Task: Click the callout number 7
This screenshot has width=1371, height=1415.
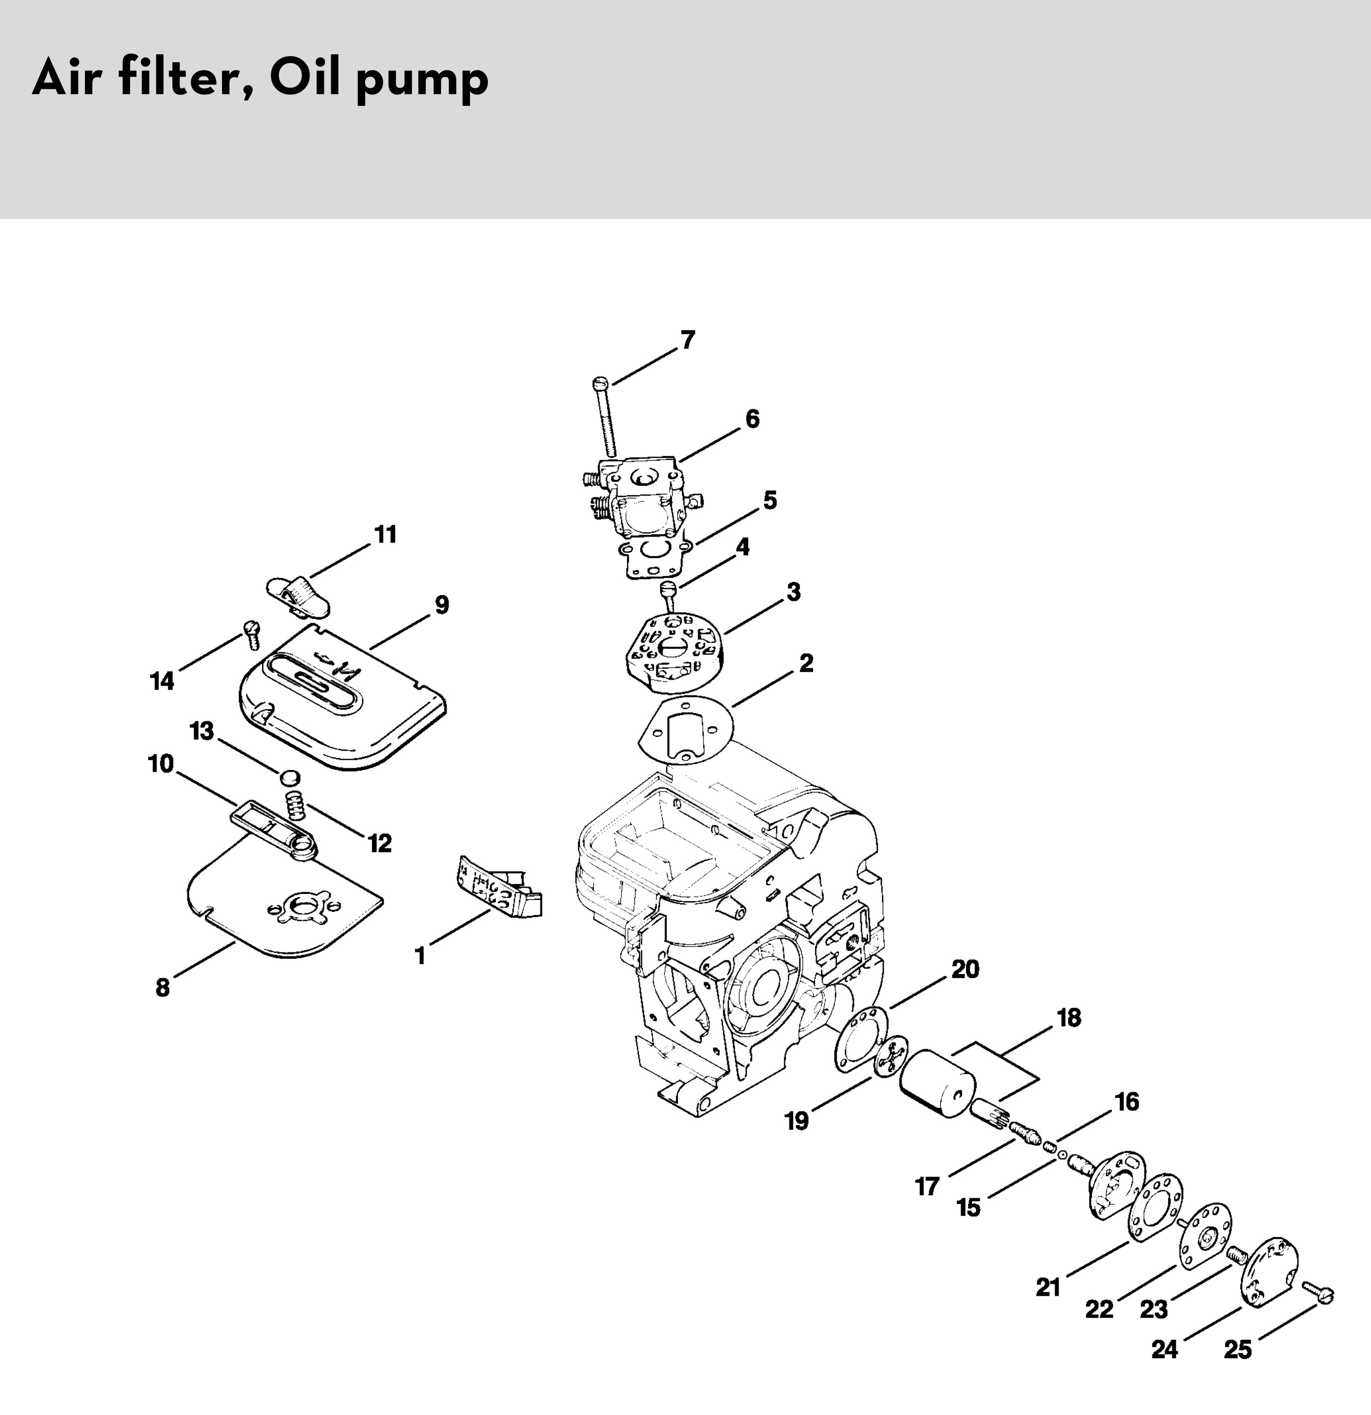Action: tap(687, 339)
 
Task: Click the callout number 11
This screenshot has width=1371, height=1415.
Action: tap(385, 535)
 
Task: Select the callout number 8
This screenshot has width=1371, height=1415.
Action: tap(162, 987)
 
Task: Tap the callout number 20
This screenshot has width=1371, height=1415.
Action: tap(965, 969)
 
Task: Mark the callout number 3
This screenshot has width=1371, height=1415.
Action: tap(793, 592)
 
